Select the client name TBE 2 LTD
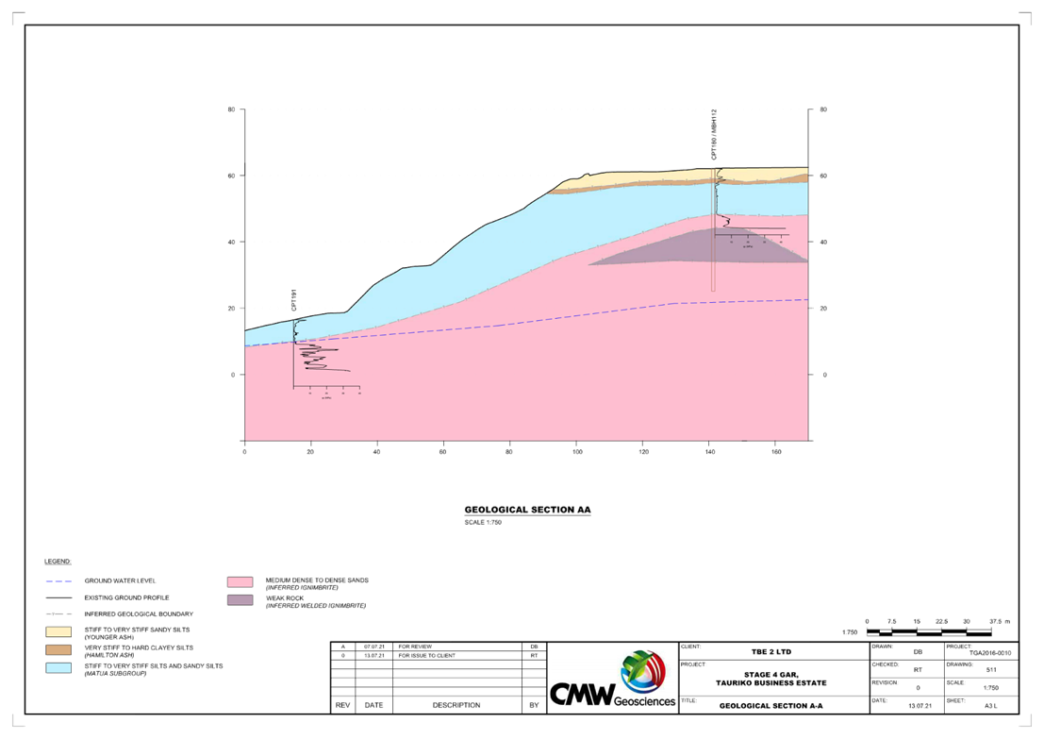tap(771, 651)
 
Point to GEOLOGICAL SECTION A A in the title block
tap(771, 706)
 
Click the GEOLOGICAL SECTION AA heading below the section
tap(527, 510)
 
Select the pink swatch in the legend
tap(240, 582)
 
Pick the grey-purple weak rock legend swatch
tap(240, 599)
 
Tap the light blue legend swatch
tap(58, 667)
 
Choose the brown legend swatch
tap(58, 649)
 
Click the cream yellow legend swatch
tap(58, 630)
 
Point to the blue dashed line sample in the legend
tap(58, 580)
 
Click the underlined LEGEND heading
tap(58, 562)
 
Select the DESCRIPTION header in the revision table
tap(456, 705)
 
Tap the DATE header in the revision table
tap(373, 705)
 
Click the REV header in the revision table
tap(343, 705)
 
